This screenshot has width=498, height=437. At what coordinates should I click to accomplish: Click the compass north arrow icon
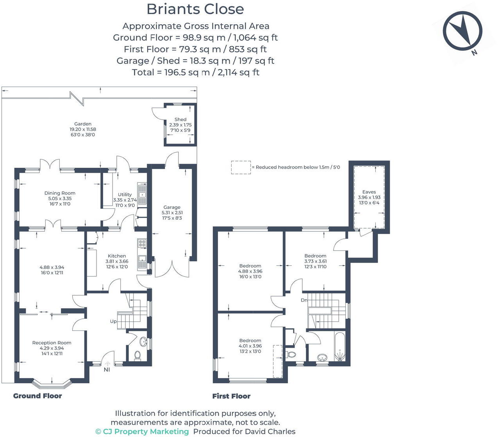tap(462, 31)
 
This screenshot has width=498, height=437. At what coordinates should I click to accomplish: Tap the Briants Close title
tap(195, 9)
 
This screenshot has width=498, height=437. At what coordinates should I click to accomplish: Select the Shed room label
tap(180, 119)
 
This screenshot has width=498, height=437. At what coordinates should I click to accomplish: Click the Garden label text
tap(83, 124)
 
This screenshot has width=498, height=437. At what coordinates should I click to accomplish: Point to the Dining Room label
tap(60, 193)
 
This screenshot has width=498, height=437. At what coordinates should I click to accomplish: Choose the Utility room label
tap(125, 194)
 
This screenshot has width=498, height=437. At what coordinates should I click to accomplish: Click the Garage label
tap(172, 207)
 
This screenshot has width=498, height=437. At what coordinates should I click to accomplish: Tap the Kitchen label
tap(117, 256)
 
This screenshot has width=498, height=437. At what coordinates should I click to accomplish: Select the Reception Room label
tap(52, 343)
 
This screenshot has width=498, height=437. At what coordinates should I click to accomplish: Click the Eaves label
tap(369, 192)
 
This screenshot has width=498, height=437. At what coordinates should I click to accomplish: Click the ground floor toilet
tap(137, 355)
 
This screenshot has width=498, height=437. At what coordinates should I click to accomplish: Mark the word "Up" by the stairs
tap(113, 322)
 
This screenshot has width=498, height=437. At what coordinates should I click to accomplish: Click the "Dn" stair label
tap(304, 300)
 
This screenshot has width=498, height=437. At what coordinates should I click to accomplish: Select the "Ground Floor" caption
tap(37, 396)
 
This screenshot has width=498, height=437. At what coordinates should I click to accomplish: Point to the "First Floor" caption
tap(231, 396)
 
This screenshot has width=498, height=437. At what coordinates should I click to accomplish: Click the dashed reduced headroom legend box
tap(241, 167)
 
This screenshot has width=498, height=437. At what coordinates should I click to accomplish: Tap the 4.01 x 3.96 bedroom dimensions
tap(250, 346)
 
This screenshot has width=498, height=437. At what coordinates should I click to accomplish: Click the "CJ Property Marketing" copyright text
tap(142, 432)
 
